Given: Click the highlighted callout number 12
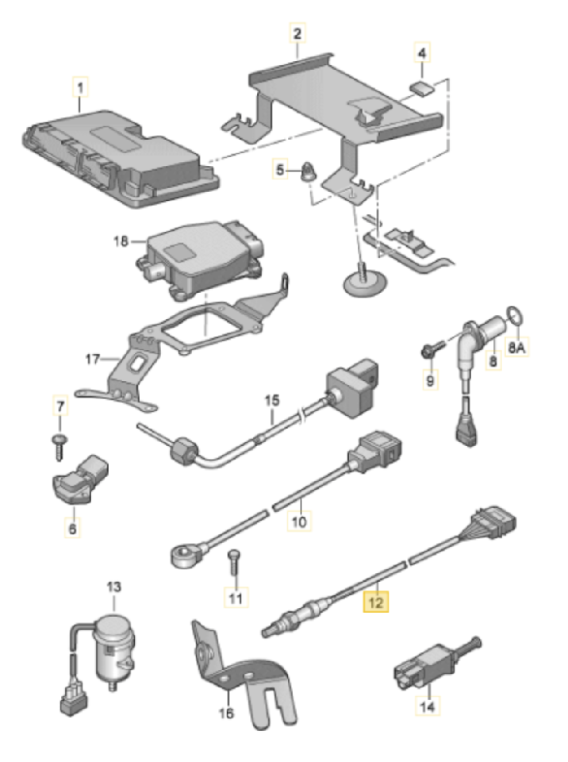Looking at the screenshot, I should click(x=374, y=602).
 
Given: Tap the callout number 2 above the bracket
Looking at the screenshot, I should click(x=297, y=34).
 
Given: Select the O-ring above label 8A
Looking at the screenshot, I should click(x=515, y=317).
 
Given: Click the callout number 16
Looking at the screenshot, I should click(x=226, y=714).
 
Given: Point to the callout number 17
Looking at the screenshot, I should click(x=94, y=359).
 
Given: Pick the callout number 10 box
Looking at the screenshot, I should click(x=299, y=521).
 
